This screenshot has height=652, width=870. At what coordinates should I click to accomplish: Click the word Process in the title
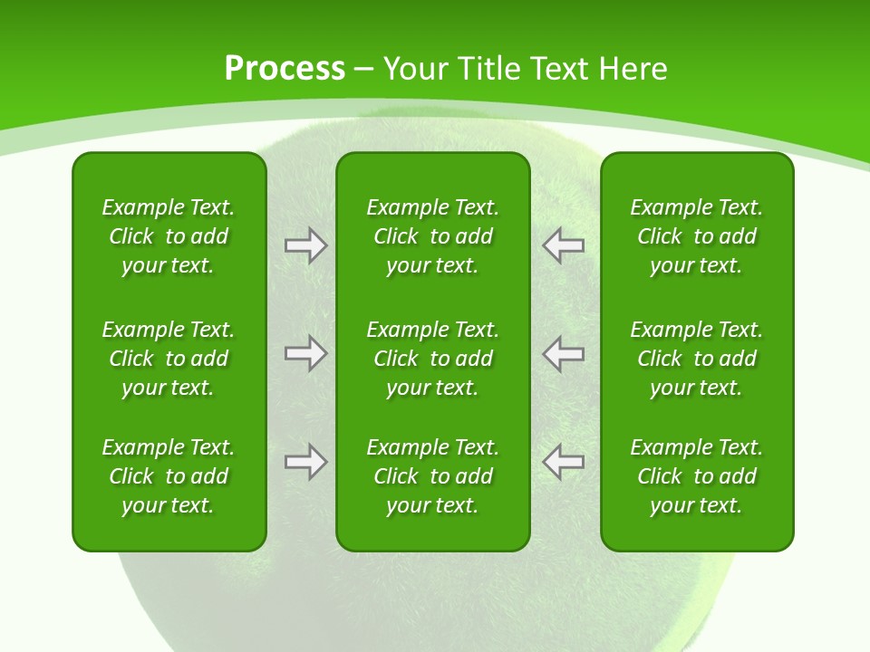tap(285, 69)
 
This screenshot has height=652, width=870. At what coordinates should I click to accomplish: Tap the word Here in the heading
tap(632, 69)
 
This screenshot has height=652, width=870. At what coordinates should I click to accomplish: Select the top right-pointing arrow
tap(305, 245)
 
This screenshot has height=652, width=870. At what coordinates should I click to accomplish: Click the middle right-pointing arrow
tap(305, 353)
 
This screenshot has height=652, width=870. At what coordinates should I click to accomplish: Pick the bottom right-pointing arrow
tap(305, 462)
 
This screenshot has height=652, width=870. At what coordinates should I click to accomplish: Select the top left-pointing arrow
tap(564, 245)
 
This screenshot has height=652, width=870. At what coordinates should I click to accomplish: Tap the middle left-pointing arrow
tap(564, 353)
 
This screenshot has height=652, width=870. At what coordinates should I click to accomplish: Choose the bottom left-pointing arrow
tap(564, 462)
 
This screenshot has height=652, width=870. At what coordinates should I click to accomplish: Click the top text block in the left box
tap(169, 236)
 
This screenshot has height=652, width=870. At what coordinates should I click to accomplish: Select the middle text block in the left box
tap(169, 359)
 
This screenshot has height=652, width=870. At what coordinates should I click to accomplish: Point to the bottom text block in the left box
tap(169, 476)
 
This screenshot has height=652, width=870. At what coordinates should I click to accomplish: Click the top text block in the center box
tap(432, 236)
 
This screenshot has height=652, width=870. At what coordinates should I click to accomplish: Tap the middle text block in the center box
tap(432, 359)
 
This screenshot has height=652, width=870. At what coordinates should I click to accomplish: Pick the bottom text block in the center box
tap(432, 476)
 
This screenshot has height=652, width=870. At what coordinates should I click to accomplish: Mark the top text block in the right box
tap(697, 236)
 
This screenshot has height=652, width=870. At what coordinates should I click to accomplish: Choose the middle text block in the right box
tap(697, 359)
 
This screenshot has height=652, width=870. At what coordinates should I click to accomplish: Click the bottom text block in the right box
tap(697, 476)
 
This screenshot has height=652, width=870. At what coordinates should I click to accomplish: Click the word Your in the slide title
tap(412, 69)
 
